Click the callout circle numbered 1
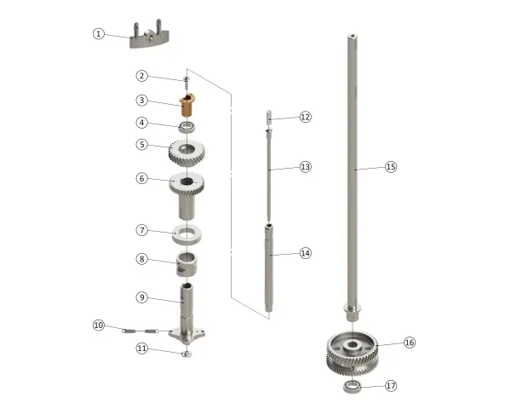pyautogui.click(x=99, y=33)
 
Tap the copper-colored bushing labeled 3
pyautogui.click(x=187, y=105)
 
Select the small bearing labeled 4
pyautogui.click(x=187, y=127)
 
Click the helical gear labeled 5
pyautogui.click(x=187, y=153)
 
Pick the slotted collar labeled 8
pyautogui.click(x=187, y=264)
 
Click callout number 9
pyautogui.click(x=141, y=297)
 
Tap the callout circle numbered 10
pyautogui.click(x=99, y=325)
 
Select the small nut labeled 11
pyautogui.click(x=187, y=354)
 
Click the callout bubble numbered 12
pyautogui.click(x=306, y=117)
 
